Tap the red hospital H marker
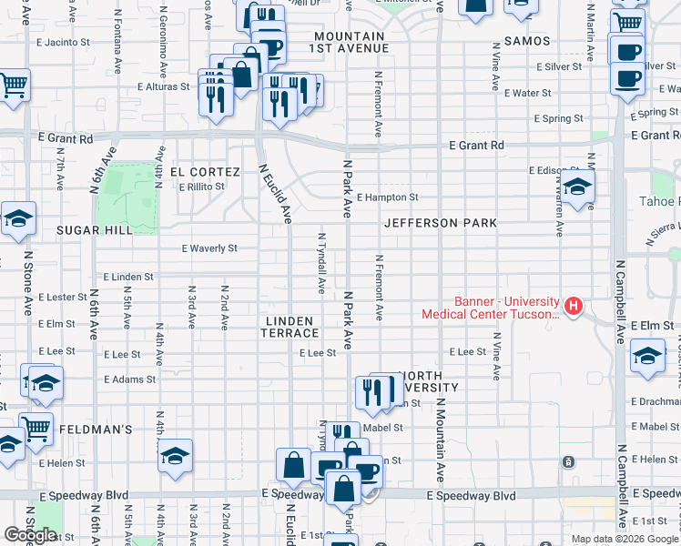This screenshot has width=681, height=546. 573,307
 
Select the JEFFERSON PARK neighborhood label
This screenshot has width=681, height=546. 440,223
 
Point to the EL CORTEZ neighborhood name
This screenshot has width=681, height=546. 205,172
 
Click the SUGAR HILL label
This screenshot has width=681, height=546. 95,230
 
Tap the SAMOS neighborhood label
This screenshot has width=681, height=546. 521,42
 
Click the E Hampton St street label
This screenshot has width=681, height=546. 387,197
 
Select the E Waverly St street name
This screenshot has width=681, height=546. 209,248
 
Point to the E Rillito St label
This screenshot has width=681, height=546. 201,187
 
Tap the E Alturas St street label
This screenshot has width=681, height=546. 164,87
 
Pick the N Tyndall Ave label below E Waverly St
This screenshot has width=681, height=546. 321,263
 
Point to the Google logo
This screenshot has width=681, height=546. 30,535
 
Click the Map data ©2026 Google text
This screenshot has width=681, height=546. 625,539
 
